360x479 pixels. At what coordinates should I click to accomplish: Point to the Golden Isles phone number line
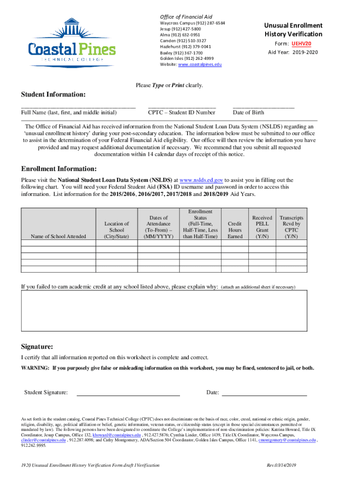point(187,58)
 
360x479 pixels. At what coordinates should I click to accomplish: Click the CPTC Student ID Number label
point(181,113)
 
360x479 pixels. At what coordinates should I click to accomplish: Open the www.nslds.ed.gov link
point(201,180)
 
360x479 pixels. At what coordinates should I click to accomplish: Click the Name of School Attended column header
point(58,237)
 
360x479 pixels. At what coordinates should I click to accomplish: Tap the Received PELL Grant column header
point(262,227)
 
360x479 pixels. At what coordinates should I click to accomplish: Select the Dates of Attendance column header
point(158,227)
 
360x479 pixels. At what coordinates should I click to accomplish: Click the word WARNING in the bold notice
point(35,368)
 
